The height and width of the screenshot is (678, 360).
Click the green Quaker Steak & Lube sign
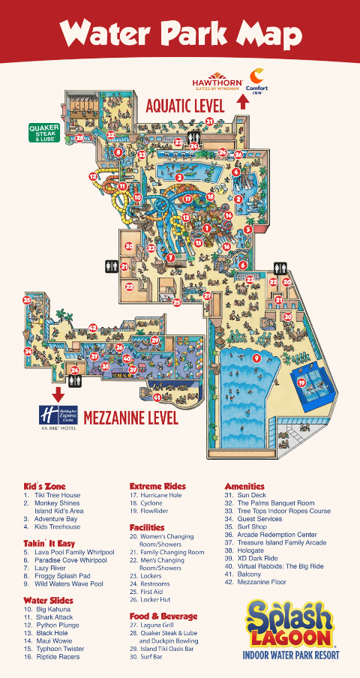[x=44, y=132]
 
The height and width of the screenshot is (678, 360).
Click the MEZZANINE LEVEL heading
[x=130, y=417]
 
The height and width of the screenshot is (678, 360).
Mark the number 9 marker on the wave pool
[x=256, y=358]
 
